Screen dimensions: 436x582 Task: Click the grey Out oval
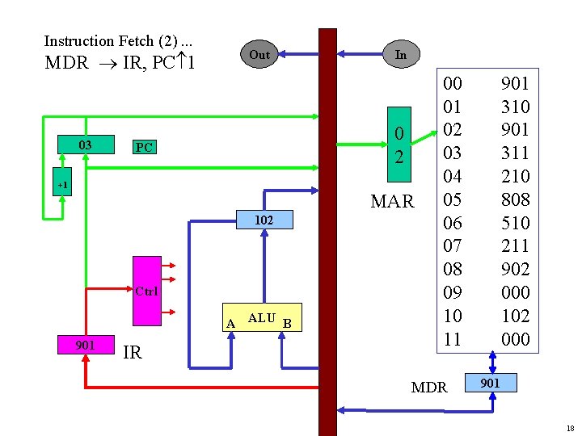pos(259,55)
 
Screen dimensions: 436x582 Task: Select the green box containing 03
pos(85,145)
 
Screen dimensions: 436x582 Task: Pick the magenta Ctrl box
pos(147,290)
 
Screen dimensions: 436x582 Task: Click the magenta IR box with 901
pos(85,345)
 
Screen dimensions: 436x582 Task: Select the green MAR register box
pos(399,145)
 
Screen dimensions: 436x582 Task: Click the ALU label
pos(261,319)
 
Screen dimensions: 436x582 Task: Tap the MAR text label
pos(392,201)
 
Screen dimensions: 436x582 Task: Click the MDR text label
pos(428,388)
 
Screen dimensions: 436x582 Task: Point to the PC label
pos(144,148)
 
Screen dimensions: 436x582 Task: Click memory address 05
pos(453,199)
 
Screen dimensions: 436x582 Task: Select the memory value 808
pos(515,199)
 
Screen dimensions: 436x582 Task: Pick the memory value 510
pos(515,223)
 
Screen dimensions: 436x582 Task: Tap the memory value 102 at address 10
pos(515,316)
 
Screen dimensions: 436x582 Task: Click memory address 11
pos(453,339)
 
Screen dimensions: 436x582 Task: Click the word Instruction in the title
pos(79,41)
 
